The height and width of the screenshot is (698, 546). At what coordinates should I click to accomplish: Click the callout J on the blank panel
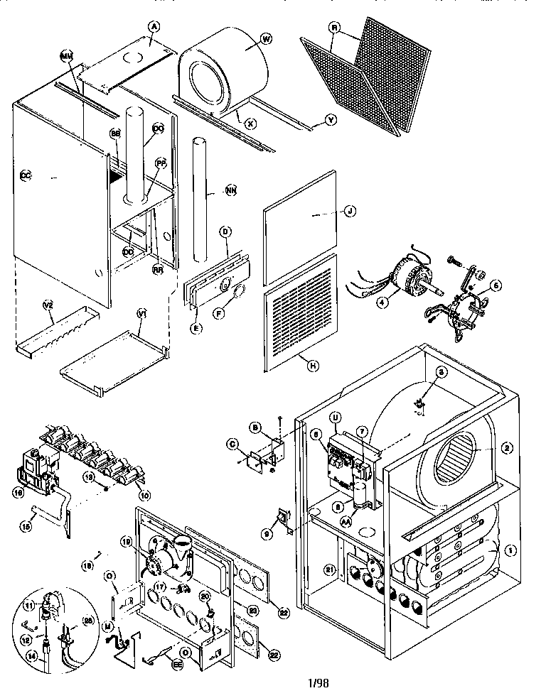click(x=349, y=210)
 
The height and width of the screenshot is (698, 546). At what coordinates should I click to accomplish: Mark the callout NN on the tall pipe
click(x=230, y=190)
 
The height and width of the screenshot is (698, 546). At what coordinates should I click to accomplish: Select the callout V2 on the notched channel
click(x=49, y=305)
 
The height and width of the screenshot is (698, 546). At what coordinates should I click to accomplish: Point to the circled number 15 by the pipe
click(x=28, y=526)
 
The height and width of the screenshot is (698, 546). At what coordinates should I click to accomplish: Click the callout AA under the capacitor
click(x=346, y=520)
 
